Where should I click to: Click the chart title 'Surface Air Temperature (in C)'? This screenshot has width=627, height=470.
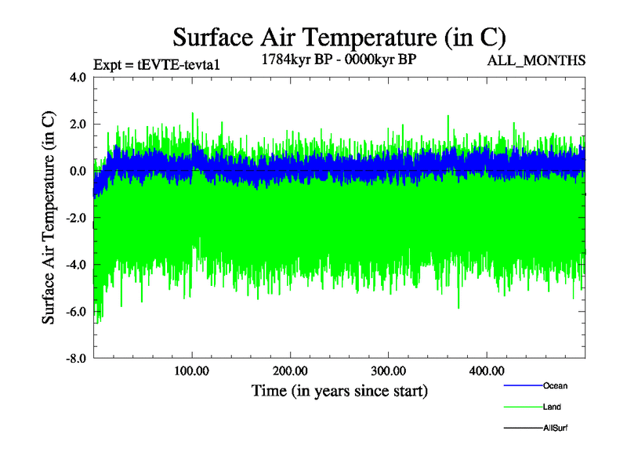[x=339, y=37]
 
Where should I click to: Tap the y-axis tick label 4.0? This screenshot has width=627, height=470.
[x=78, y=78]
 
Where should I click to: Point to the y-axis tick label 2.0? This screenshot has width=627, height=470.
[x=78, y=125]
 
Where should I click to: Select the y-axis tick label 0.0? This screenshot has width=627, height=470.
[x=78, y=172]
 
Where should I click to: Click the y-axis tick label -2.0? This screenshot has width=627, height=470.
[x=76, y=219]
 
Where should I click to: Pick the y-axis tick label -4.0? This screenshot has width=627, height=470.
[x=76, y=265]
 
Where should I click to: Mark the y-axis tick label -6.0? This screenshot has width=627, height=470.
[x=76, y=312]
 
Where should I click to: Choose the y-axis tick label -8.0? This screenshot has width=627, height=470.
[x=76, y=359]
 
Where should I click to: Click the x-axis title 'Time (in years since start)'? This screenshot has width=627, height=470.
[x=339, y=390]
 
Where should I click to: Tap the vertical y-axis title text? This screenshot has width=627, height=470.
[x=49, y=219]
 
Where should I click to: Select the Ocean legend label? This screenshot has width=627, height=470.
[x=555, y=385]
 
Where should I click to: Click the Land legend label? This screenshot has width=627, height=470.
[x=552, y=407]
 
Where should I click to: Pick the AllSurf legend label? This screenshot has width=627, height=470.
[x=555, y=428]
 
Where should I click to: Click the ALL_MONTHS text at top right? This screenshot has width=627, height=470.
[x=537, y=60]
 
